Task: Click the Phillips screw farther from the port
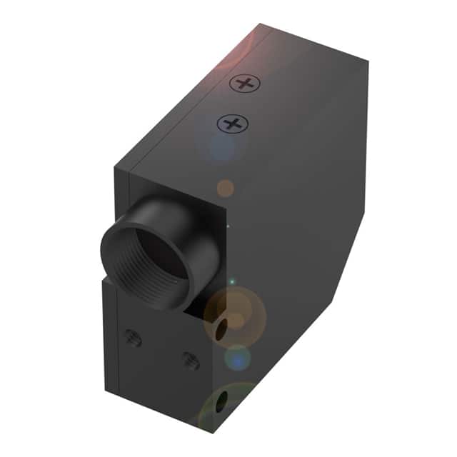pyautogui.click(x=245, y=84)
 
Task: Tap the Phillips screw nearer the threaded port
pyautogui.click(x=231, y=124)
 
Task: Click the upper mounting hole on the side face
pyautogui.click(x=223, y=327)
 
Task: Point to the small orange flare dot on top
pyautogui.click(x=226, y=188)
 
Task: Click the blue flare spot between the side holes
pyautogui.click(x=238, y=357)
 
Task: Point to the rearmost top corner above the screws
pyautogui.click(x=263, y=24)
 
